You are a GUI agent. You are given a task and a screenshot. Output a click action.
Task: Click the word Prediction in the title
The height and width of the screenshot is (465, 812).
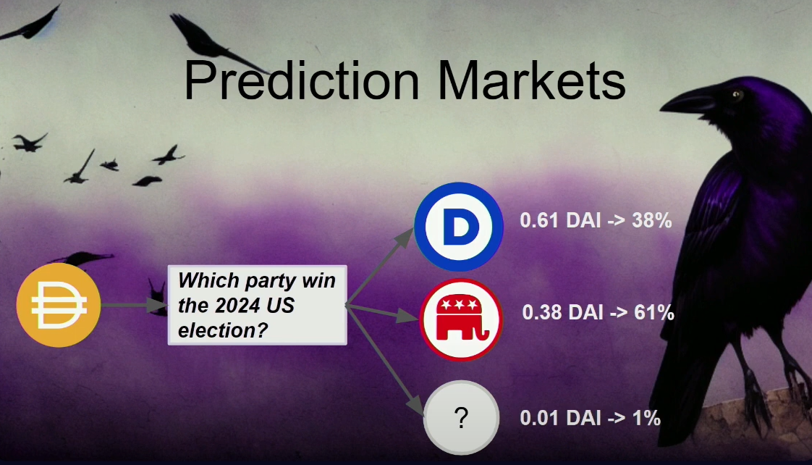301,80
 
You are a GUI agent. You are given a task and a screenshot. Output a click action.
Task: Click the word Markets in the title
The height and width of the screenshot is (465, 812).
532,80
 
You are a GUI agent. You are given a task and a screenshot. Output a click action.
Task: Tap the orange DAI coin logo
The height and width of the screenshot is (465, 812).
59,305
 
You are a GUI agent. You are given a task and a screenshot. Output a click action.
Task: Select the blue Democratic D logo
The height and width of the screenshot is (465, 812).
459,227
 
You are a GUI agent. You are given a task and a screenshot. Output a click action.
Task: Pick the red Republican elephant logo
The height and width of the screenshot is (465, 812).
460,320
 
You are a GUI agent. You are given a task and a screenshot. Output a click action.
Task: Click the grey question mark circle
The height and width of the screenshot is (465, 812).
461,418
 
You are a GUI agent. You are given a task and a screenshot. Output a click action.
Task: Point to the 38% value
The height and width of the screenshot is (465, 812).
651,221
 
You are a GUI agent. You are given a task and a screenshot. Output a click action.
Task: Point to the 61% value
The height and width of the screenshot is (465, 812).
654,313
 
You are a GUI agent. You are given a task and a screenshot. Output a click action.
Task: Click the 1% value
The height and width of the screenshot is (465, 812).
646,418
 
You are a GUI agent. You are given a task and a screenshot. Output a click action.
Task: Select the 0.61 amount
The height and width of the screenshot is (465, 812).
538,221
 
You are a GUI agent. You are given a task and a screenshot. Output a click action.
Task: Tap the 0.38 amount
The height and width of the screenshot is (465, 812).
541,313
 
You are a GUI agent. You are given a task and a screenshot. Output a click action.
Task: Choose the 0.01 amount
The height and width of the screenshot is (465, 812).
538,418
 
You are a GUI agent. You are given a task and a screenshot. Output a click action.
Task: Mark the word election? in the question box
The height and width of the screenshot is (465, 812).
223,330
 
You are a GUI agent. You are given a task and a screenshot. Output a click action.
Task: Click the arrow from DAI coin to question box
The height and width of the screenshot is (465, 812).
134,305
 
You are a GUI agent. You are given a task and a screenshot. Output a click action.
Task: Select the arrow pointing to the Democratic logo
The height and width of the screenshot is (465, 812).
380,267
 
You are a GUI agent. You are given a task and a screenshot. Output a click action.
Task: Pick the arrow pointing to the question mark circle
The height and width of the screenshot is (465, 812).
385,361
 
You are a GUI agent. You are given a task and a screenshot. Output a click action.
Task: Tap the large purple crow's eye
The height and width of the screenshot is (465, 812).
736,95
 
